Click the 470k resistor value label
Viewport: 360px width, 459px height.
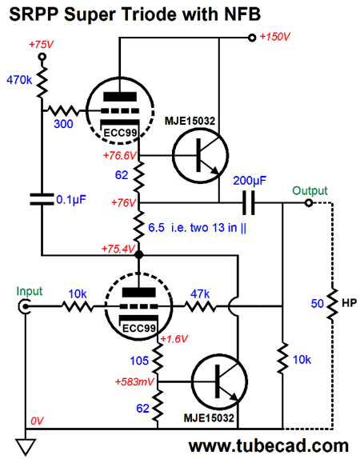tap(19, 80)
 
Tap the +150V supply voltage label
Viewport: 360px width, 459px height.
tap(274, 37)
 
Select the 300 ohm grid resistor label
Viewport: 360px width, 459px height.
tap(63, 124)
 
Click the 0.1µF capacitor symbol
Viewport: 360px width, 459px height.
tap(42, 199)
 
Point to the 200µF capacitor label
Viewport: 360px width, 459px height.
tap(250, 181)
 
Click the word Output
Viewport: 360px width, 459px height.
tap(310, 190)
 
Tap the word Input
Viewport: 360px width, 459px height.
tap(30, 291)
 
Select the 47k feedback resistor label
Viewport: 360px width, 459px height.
tap(200, 294)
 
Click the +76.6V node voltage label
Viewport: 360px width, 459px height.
tap(120, 155)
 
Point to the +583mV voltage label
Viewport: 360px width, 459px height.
tap(134, 382)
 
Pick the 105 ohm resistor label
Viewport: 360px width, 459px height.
tap(139, 361)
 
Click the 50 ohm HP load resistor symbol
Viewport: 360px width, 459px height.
tap(333, 304)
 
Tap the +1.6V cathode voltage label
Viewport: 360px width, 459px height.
tap(174, 339)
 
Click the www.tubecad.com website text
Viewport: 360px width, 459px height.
tap(269, 446)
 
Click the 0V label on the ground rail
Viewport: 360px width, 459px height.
tap(37, 421)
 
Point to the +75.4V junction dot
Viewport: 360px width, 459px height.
tap(139, 255)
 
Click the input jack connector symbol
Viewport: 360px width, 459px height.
tap(23, 307)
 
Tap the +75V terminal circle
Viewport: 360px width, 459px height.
tap(42, 57)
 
